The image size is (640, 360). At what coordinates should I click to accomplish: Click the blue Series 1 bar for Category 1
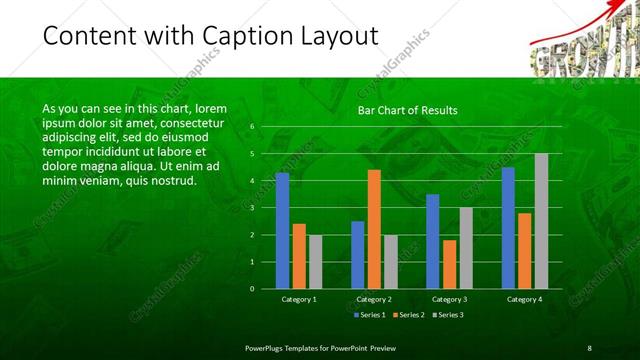click(x=282, y=230)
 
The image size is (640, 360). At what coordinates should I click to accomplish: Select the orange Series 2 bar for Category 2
click(x=374, y=229)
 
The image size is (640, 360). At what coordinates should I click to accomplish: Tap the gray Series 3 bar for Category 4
click(x=541, y=221)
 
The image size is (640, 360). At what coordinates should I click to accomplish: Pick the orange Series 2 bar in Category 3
click(x=450, y=264)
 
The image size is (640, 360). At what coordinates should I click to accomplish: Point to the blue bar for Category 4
click(x=508, y=227)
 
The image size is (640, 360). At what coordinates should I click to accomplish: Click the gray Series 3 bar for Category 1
click(x=315, y=261)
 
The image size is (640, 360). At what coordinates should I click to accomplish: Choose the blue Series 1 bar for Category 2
click(x=358, y=254)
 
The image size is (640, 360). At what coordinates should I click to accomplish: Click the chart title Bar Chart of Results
click(x=408, y=110)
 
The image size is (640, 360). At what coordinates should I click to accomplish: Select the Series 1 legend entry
click(x=367, y=315)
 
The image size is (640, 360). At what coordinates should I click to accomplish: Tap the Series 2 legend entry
click(x=408, y=315)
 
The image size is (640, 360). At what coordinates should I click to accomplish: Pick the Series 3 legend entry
click(x=449, y=315)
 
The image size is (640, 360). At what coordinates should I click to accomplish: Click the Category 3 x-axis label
click(x=449, y=299)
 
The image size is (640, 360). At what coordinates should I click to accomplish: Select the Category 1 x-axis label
click(x=299, y=299)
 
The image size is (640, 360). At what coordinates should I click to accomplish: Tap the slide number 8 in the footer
click(x=590, y=347)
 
